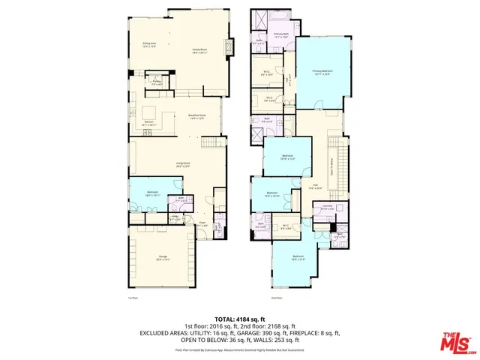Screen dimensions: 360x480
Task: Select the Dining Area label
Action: tap(150, 44)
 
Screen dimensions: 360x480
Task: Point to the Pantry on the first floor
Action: tap(157, 82)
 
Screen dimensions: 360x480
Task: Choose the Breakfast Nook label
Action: tap(197, 116)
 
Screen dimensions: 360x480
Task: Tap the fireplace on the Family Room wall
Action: tap(230, 43)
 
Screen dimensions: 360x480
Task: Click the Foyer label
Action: tap(202, 223)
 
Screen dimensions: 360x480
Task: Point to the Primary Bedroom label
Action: tap(322, 71)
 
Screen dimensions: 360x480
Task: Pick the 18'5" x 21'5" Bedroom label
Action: tap(298, 258)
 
